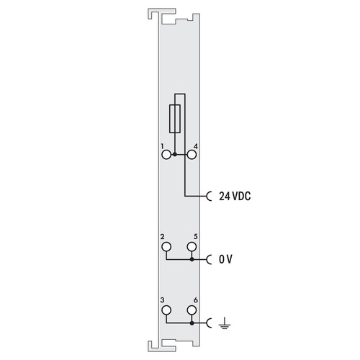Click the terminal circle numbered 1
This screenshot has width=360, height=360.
coord(166,155)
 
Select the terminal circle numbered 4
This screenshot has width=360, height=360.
coord(192,155)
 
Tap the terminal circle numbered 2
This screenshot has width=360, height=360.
coord(166,246)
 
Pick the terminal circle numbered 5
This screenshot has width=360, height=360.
coord(192,246)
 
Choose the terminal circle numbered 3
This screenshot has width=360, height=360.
coord(166,310)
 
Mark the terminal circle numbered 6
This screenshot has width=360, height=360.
coord(192,310)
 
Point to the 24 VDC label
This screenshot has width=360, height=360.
coord(235,197)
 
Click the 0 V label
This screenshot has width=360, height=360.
coord(225,259)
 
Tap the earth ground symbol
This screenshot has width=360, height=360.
coord(225,323)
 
